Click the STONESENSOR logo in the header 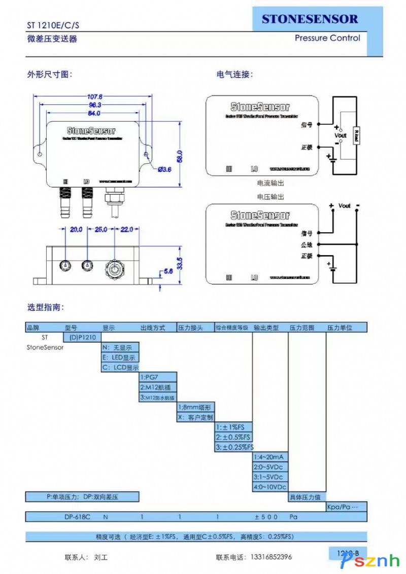(310, 19)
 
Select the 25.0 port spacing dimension (101, 230)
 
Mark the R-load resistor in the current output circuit (356, 135)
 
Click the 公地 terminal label (306, 244)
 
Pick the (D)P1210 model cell (82, 337)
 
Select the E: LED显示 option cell (120, 357)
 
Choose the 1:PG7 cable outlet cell (158, 377)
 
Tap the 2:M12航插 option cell (158, 387)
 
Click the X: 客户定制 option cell (195, 417)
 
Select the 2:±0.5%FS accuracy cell (233, 437)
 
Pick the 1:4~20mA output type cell (270, 457)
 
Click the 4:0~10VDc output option (270, 487)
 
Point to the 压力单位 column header (340, 328)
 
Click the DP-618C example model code (77, 517)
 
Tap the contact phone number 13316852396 (272, 557)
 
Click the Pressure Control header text (327, 38)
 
